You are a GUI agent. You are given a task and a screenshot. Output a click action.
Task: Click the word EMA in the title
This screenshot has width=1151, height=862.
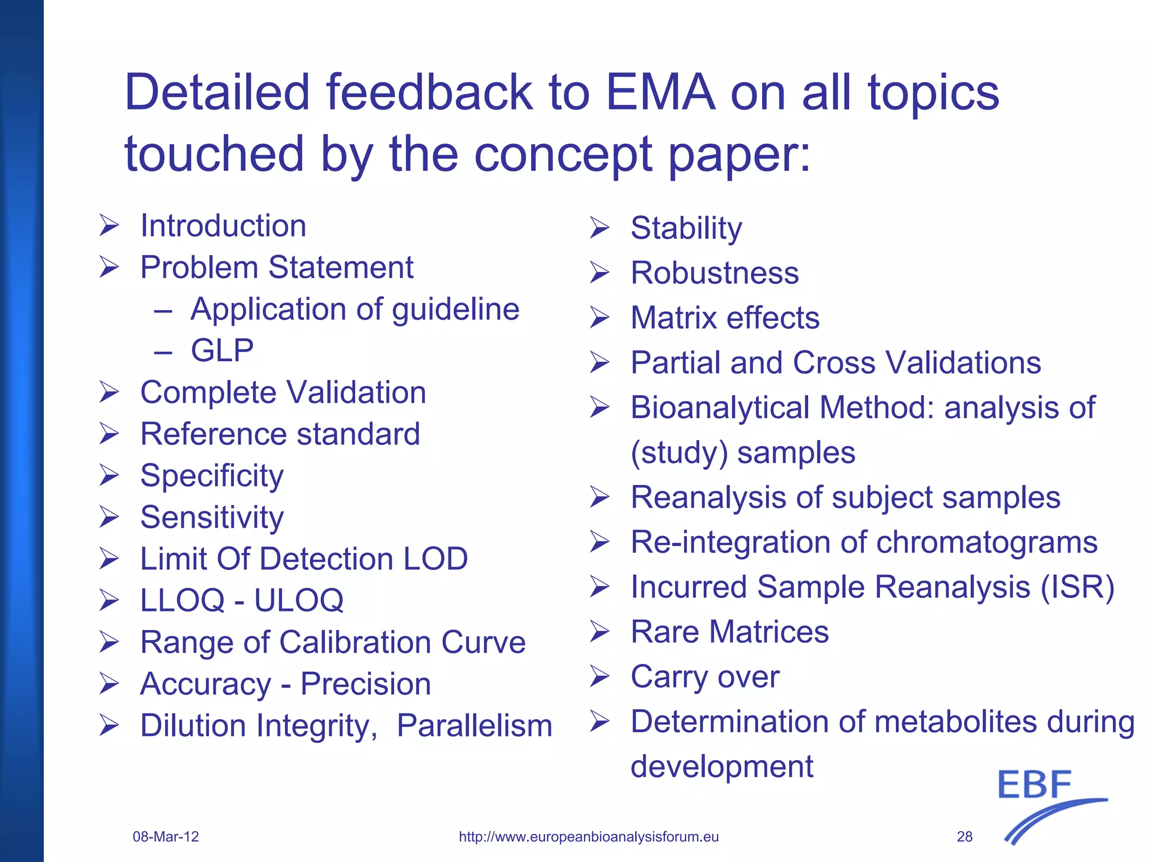pyautogui.click(x=660, y=93)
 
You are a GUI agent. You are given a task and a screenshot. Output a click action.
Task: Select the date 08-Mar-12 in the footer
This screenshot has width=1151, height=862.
pyautogui.click(x=166, y=837)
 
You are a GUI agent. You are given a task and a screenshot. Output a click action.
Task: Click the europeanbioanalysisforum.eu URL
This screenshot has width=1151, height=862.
pyautogui.click(x=588, y=837)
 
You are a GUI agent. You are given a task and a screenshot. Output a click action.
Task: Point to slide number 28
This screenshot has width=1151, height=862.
pyautogui.click(x=964, y=837)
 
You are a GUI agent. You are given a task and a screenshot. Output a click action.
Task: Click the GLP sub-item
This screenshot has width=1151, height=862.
pyautogui.click(x=222, y=351)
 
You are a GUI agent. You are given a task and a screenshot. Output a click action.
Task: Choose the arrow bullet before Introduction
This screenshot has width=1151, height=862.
pyautogui.click(x=109, y=226)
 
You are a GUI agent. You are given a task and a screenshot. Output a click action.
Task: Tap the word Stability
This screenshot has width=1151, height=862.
pyautogui.click(x=686, y=229)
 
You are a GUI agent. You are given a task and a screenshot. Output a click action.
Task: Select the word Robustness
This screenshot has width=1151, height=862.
pyautogui.click(x=714, y=273)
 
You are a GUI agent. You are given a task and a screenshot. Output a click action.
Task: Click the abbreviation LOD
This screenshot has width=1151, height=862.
pyautogui.click(x=435, y=559)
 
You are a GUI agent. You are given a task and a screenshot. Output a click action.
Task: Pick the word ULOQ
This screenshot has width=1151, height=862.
pyautogui.click(x=298, y=601)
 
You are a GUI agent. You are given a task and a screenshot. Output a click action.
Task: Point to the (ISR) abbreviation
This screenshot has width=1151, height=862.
pyautogui.click(x=1077, y=588)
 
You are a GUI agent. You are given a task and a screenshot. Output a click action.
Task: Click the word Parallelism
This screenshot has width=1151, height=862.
pyautogui.click(x=474, y=725)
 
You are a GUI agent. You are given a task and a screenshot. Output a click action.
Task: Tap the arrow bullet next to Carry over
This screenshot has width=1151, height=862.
pyautogui.click(x=600, y=677)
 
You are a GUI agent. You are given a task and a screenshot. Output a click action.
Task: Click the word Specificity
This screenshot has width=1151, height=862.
pyautogui.click(x=212, y=477)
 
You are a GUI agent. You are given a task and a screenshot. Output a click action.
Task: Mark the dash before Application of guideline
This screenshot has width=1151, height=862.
pyautogui.click(x=163, y=310)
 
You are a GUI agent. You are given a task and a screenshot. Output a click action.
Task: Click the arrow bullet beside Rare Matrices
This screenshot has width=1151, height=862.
pyautogui.click(x=600, y=632)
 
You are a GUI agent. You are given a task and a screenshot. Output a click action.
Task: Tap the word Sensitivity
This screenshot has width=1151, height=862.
pyautogui.click(x=212, y=518)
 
